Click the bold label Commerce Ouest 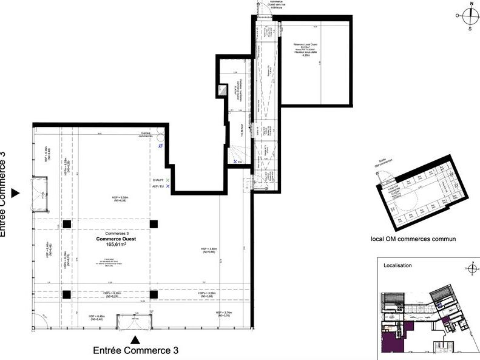116,239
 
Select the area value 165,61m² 116,245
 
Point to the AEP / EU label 157,186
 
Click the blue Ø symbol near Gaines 160,146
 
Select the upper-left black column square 67,224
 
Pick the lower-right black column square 154,294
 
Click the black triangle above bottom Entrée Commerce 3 136,339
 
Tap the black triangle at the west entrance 16,193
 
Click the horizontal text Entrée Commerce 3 135,350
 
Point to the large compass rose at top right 470,17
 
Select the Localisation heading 397,266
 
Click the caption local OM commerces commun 413,239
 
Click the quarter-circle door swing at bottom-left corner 39,322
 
